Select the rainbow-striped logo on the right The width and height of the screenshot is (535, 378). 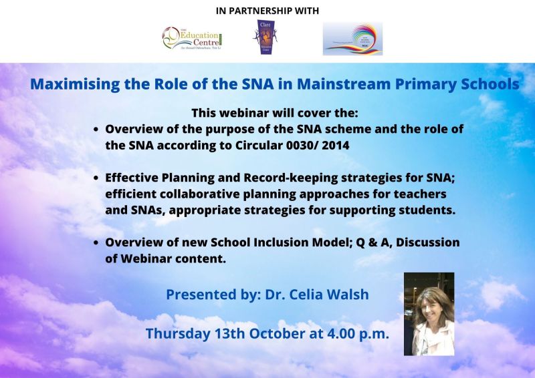tap(352, 39)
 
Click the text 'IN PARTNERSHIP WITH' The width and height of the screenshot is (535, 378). tap(267, 11)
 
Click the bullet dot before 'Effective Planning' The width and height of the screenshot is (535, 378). tap(98, 178)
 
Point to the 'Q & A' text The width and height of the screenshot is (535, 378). tap(350, 242)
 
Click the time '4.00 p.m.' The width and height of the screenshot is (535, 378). tap(354, 334)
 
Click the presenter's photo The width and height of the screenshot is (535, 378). tap(429, 313)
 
